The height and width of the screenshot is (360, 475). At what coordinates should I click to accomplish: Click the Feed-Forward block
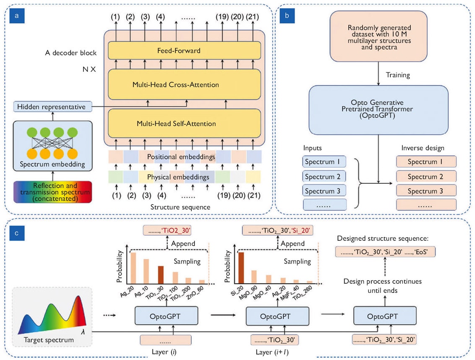pyautogui.click(x=184, y=50)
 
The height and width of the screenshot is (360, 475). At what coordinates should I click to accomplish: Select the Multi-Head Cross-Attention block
pyautogui.click(x=184, y=84)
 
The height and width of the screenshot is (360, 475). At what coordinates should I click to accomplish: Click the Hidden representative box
pyautogui.click(x=52, y=107)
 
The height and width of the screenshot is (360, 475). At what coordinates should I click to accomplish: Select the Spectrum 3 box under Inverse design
pyautogui.click(x=426, y=190)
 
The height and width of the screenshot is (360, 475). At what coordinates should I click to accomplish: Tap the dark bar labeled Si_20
pyautogui.click(x=242, y=269)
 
